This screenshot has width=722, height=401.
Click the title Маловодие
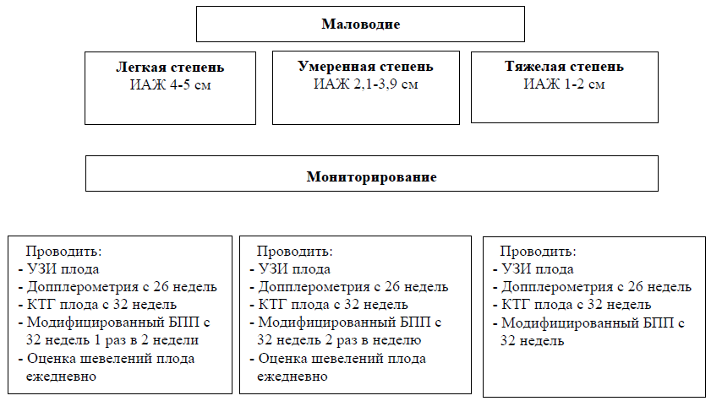coord(360,24)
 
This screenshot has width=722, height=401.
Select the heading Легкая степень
coord(170,68)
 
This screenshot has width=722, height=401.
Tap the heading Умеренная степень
coord(365,67)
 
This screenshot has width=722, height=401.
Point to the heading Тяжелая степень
coord(564,66)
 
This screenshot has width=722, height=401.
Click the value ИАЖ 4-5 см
coord(171,84)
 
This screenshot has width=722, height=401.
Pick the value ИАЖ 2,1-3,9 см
coord(365,84)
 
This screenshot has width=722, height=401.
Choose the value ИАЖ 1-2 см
coord(564,84)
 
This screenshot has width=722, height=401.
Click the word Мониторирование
coord(372,176)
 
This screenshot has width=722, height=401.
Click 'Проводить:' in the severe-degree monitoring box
coord(538,251)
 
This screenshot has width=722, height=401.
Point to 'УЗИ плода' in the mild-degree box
coord(63,269)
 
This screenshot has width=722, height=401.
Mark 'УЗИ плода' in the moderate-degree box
coord(294,269)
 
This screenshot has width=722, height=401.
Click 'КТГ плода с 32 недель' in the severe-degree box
coord(576,305)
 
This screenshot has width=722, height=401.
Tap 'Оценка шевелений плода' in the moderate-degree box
coord(342,359)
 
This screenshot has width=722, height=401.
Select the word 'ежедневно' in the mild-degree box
coord(61,377)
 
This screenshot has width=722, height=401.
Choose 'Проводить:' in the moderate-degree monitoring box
coord(294,251)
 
